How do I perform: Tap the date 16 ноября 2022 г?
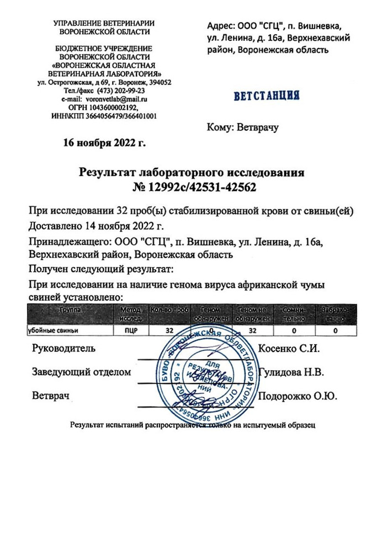pyautogui.click(x=104, y=143)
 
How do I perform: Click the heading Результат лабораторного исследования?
pyautogui.click(x=192, y=173)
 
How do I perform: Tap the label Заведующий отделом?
pyautogui.click(x=82, y=372)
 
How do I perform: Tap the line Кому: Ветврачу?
pyautogui.click(x=243, y=128)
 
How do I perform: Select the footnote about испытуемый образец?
pyautogui.click(x=192, y=425)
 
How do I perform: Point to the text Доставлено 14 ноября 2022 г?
pyautogui.click(x=96, y=226)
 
